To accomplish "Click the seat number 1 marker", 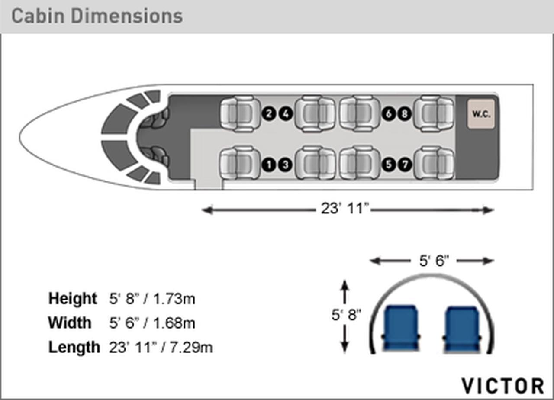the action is (x=269, y=165).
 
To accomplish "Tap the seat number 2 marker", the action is (x=269, y=114).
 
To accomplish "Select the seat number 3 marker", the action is (x=286, y=165).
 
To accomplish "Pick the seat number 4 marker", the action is (x=286, y=114).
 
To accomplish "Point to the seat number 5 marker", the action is (x=389, y=165).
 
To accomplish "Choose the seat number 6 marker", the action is (x=389, y=114).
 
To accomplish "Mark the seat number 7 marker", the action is (x=405, y=165).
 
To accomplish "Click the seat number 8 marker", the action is (x=405, y=114).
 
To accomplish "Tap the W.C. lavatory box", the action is (x=481, y=114).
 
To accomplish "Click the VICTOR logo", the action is (x=503, y=386).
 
